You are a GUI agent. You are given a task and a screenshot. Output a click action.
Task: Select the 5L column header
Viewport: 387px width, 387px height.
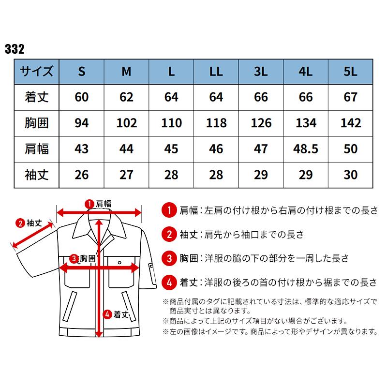tap(351, 72)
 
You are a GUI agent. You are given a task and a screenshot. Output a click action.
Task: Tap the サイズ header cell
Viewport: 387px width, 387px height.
tap(36, 72)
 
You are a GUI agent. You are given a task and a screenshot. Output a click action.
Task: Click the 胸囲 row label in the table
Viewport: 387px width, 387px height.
tap(36, 122)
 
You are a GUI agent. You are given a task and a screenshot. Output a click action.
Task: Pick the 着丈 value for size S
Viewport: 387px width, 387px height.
tap(82, 97)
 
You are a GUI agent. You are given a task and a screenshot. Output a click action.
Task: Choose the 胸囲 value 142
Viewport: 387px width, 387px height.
tap(351, 122)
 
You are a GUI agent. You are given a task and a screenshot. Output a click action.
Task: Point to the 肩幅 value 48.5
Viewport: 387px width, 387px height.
tap(306, 148)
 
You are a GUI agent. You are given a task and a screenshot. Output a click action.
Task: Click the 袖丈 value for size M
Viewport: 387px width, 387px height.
tap(126, 174)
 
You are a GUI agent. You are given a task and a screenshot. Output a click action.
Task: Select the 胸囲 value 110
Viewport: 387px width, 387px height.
tap(171, 122)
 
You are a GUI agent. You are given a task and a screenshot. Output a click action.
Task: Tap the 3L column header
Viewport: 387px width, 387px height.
tap(261, 72)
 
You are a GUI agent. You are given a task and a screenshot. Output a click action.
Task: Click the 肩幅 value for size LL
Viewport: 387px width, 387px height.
tap(216, 148)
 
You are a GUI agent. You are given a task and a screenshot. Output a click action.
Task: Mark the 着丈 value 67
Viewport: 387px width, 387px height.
tap(351, 97)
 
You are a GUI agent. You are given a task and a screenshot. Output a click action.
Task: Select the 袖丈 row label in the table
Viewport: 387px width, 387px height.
tap(36, 174)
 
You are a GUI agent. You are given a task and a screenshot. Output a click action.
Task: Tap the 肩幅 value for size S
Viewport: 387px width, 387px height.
tap(82, 148)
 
